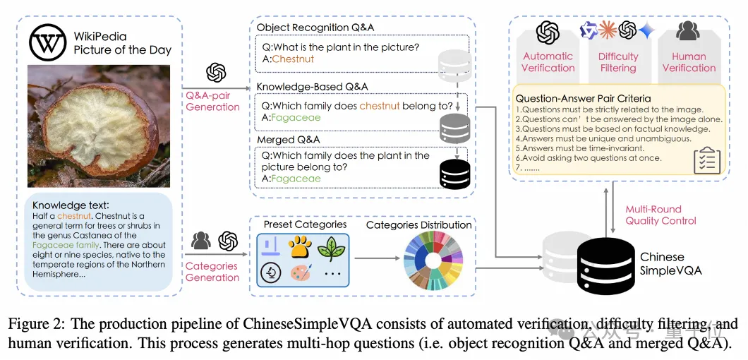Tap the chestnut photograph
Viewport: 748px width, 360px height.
tap(99, 125)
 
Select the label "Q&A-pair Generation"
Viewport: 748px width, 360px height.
tap(213, 101)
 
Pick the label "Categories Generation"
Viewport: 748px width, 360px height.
tap(212, 272)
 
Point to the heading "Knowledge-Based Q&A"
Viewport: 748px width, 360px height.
tap(312, 87)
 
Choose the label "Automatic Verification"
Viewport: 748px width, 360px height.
tap(548, 62)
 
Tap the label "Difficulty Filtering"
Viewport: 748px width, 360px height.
tap(618, 62)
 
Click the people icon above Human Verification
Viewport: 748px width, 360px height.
tap(688, 31)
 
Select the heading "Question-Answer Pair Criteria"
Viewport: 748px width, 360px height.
tap(583, 99)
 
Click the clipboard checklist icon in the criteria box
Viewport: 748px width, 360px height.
tap(706, 160)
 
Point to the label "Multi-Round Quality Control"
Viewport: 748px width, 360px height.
tap(660, 215)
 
